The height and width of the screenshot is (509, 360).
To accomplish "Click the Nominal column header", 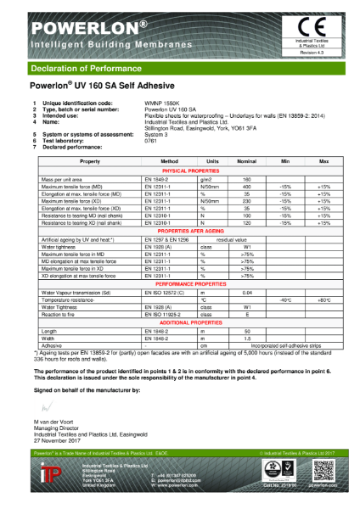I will pos(270,160).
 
